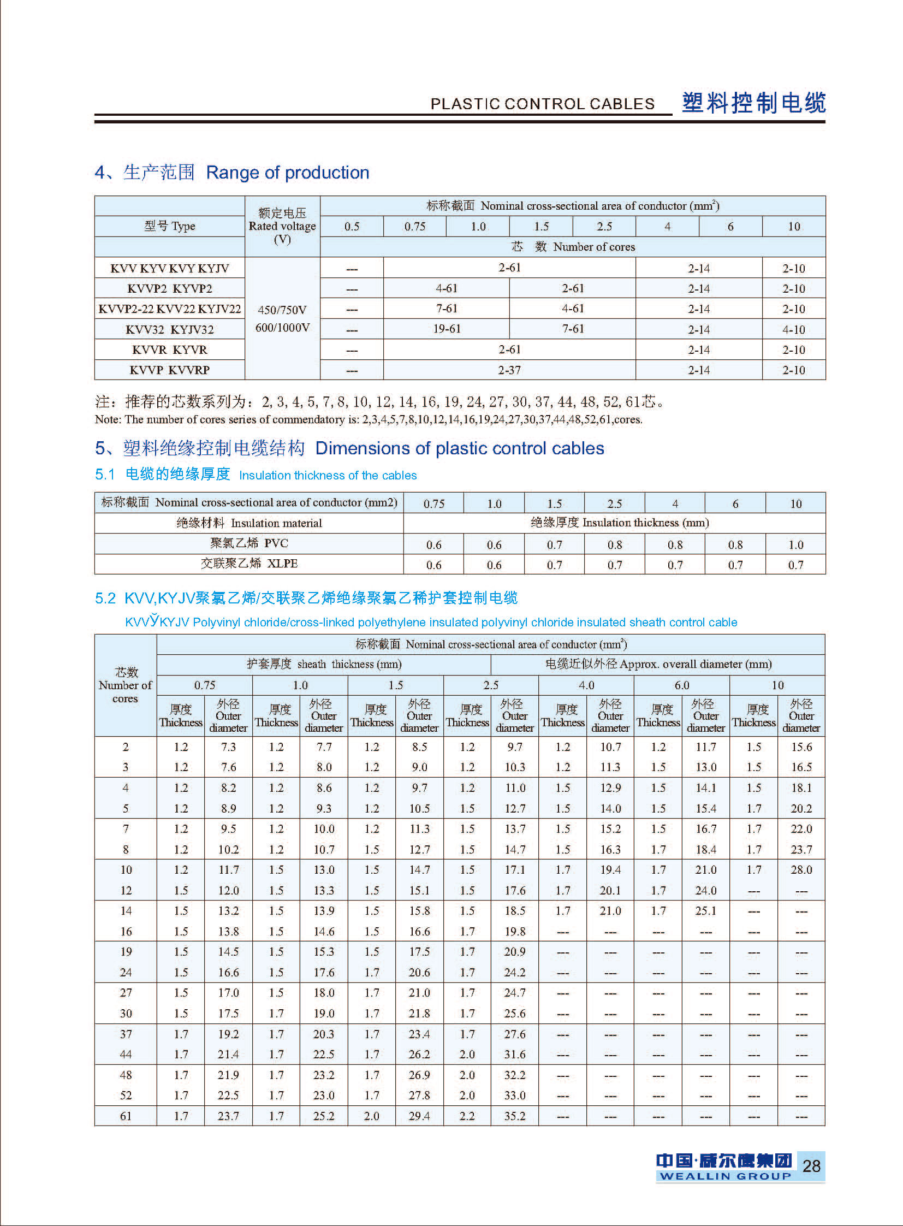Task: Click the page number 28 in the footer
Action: pyautogui.click(x=811, y=1166)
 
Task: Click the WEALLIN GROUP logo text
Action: pyautogui.click(x=725, y=1176)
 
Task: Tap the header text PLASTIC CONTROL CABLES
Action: pyautogui.click(x=542, y=104)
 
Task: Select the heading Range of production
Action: pyautogui.click(x=288, y=173)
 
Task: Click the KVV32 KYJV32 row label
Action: pyautogui.click(x=169, y=330)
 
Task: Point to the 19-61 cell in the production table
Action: pyautogui.click(x=447, y=329)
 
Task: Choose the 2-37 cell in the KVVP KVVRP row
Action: pyautogui.click(x=509, y=370)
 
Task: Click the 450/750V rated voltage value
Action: pyautogui.click(x=282, y=310)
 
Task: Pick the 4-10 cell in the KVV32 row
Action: pyautogui.click(x=793, y=330)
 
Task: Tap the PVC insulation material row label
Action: pyautogui.click(x=249, y=543)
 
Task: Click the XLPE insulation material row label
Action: pyautogui.click(x=249, y=564)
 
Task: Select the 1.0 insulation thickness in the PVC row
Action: pyautogui.click(x=795, y=544)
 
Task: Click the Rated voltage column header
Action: pyautogui.click(x=282, y=226)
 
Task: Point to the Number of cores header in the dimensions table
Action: pyautogui.click(x=125, y=685)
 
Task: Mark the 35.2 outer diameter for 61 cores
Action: pyautogui.click(x=514, y=1116)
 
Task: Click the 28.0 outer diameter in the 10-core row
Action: pyautogui.click(x=801, y=870)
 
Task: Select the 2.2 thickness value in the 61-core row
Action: pyautogui.click(x=467, y=1116)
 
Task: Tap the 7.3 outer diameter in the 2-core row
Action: pyautogui.click(x=228, y=747)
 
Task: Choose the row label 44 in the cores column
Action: pyautogui.click(x=126, y=1055)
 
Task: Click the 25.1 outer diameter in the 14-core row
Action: pyautogui.click(x=706, y=911)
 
